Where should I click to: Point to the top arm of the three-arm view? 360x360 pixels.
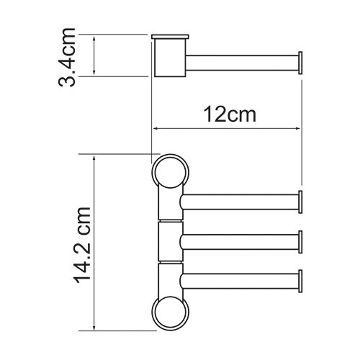(238, 202)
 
